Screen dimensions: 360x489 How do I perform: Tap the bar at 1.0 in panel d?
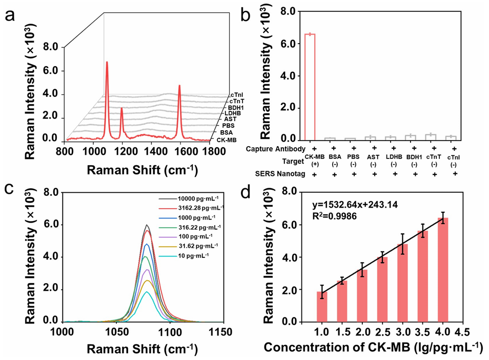point(322,307)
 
